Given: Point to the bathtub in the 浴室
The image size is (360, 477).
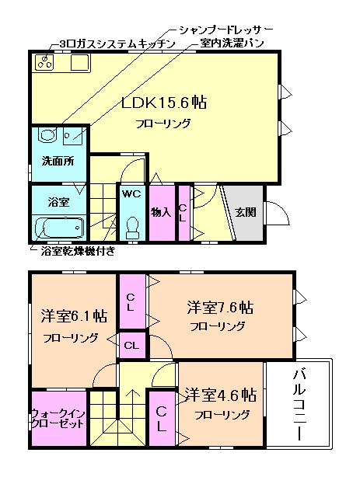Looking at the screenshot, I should (60, 228).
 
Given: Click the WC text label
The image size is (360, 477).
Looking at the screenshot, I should (131, 194).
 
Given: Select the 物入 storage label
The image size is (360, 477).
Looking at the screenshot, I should (161, 212).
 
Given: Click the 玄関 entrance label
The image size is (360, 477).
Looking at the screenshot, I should (246, 212).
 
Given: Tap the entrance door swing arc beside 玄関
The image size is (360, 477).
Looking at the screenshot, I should (276, 212).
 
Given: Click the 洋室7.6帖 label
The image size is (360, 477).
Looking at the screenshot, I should (218, 307).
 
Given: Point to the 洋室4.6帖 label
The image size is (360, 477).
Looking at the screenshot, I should (220, 395).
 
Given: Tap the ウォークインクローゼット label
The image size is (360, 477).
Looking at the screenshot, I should (58, 420).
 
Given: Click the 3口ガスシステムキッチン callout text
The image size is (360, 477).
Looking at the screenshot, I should (116, 44).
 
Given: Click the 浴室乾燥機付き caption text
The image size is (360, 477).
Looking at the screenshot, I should (78, 250).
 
